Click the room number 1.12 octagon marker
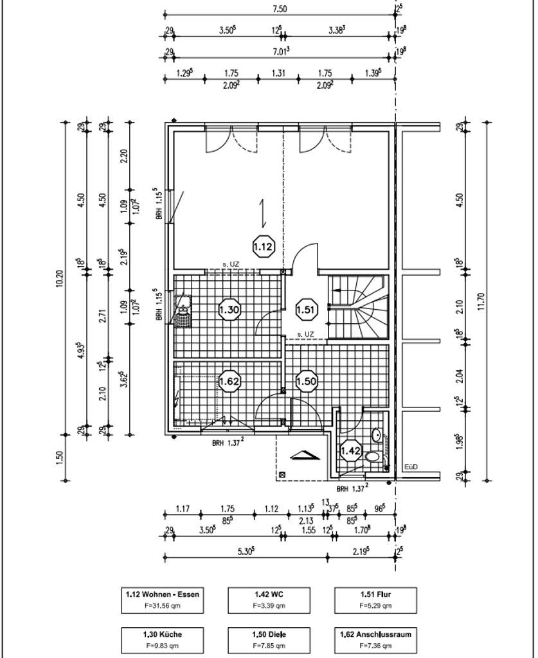pos(264,245)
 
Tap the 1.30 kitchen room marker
pos(229,309)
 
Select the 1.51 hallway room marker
pos(306,309)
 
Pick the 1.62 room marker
pos(229,381)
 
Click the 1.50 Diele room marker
pos(306,381)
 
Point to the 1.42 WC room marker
pos(350,450)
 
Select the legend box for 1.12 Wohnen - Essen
pos(163,600)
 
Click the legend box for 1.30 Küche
pos(163,639)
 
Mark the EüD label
pos(411,467)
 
